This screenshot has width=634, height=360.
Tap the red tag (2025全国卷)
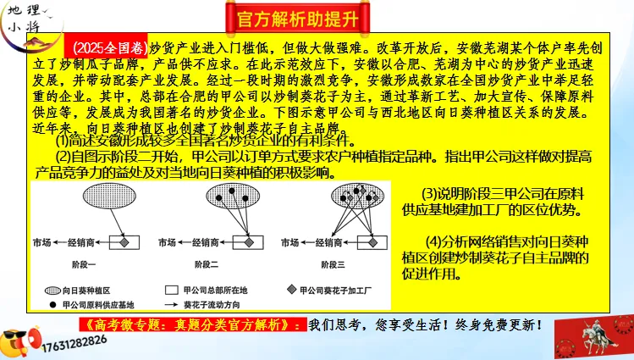pos(108,47)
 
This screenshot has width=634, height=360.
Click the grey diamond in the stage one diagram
pos(124,242)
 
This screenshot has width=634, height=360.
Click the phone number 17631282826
pos(70,341)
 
